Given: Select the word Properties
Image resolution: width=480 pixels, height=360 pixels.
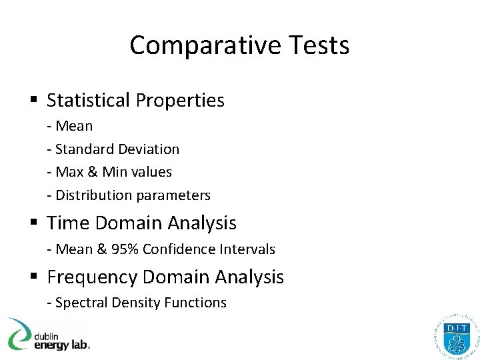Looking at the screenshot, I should point(180,100).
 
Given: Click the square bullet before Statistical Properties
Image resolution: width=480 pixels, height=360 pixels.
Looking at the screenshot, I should point(33,101).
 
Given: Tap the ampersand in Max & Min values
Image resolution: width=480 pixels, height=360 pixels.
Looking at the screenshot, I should point(93,172).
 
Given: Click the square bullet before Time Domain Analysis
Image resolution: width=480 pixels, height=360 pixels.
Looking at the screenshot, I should point(33,223).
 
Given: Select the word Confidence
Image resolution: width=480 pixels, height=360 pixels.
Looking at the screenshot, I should point(175,249).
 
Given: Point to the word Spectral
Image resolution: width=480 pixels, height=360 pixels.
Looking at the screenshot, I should point(82,303).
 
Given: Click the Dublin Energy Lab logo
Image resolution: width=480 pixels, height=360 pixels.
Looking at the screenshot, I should point(48,335).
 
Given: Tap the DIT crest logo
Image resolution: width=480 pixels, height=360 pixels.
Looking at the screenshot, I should point(456,335).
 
